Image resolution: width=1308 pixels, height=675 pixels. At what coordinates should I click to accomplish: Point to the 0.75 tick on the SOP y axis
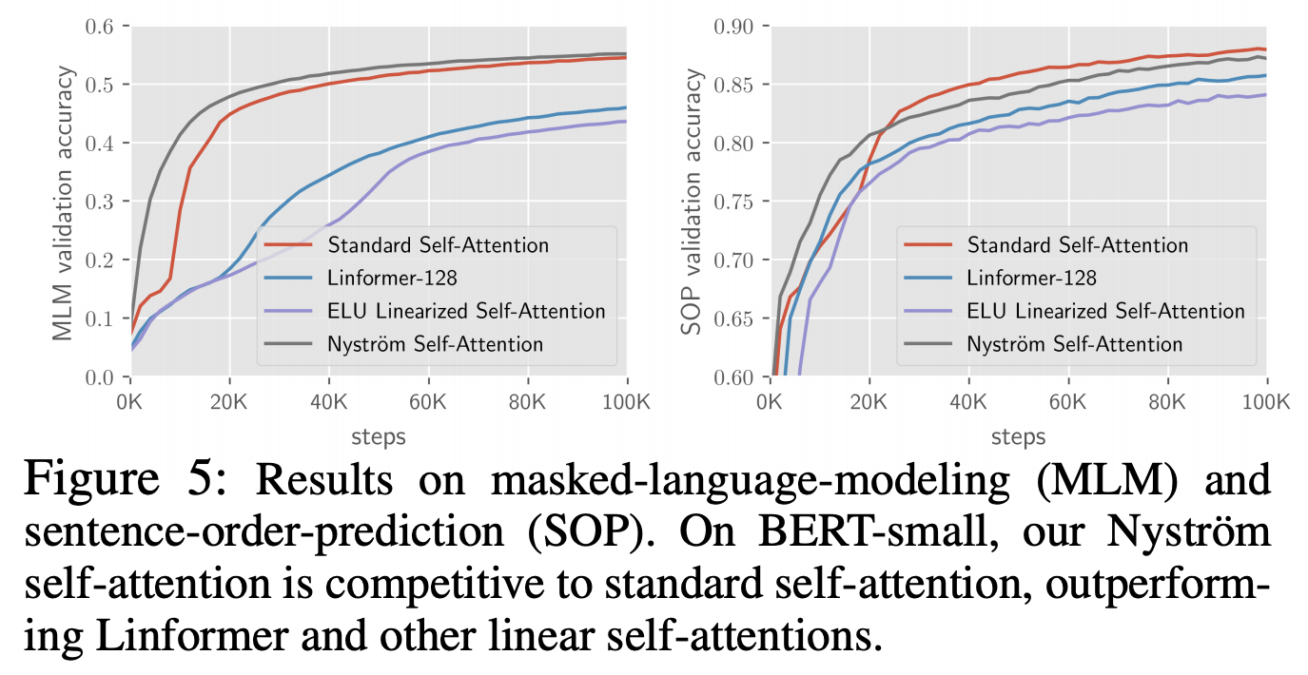[734, 202]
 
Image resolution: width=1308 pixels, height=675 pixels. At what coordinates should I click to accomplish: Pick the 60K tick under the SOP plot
[1067, 399]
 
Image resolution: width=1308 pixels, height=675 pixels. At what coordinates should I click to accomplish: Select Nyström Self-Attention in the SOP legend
[1075, 344]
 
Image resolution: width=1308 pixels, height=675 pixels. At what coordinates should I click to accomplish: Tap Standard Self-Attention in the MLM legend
[438, 244]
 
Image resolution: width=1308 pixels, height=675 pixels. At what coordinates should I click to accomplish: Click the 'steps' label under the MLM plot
[379, 437]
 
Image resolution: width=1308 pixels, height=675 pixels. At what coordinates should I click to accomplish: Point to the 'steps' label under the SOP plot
[1018, 437]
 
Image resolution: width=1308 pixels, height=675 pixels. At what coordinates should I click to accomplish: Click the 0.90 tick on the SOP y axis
[734, 27]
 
